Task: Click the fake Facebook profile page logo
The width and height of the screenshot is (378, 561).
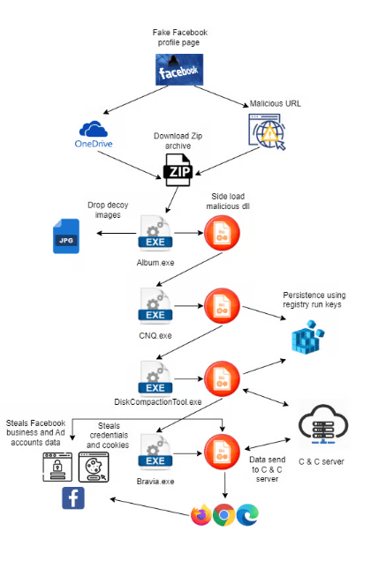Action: click(179, 70)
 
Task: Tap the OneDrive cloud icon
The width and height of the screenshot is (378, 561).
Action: click(94, 129)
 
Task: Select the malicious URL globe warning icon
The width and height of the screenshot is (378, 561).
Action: click(267, 131)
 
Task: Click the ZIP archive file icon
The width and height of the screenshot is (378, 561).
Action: click(178, 170)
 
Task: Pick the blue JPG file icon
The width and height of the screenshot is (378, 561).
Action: click(66, 236)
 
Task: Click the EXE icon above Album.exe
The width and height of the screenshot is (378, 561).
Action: click(155, 233)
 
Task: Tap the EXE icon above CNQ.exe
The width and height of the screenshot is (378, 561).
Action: click(155, 306)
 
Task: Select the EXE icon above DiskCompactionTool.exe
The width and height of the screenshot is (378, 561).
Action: click(155, 378)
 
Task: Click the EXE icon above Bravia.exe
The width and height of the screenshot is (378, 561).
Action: click(155, 452)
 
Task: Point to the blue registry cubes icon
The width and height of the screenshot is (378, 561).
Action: click(307, 337)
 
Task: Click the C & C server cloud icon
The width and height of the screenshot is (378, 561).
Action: click(323, 424)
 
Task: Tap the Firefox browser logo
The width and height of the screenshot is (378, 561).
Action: click(201, 514)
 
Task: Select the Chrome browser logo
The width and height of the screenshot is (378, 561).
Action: click(224, 514)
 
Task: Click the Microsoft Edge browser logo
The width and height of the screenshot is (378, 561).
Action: click(247, 514)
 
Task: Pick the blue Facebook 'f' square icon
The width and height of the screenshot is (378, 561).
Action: click(73, 497)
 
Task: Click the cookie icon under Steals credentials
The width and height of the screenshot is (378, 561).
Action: click(94, 467)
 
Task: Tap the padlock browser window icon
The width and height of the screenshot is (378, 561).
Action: click(57, 467)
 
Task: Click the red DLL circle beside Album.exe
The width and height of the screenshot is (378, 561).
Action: click(222, 233)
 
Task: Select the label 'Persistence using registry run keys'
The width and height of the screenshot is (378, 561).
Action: click(314, 300)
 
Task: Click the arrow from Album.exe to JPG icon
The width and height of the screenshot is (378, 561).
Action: click(117, 233)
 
